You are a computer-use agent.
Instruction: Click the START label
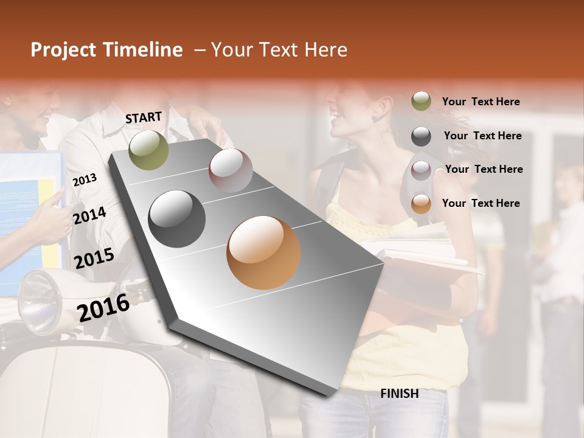point(144,117)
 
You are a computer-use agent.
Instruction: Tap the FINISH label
point(400,394)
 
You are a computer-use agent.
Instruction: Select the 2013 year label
point(85,180)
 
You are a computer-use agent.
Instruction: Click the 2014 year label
point(89,215)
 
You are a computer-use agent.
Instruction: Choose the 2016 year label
point(103,307)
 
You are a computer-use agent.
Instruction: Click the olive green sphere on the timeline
point(148,150)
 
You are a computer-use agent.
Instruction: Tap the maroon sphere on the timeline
point(231,170)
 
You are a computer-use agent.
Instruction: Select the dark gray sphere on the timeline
point(176,218)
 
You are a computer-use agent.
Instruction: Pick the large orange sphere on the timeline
point(263,252)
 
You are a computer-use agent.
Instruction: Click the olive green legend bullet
point(421,102)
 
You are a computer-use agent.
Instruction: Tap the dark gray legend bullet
point(421,136)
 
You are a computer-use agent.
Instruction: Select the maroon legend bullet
point(421,170)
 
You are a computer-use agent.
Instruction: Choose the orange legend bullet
point(421,204)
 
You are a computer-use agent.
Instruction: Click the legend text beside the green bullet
point(481,102)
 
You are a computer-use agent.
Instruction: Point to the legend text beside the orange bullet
point(481,203)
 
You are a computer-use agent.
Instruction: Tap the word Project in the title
point(63,50)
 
